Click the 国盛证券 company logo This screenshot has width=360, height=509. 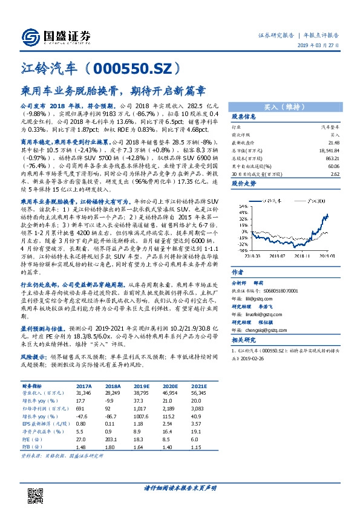click(x=55, y=35)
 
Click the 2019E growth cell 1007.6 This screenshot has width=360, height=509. click(x=142, y=415)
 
